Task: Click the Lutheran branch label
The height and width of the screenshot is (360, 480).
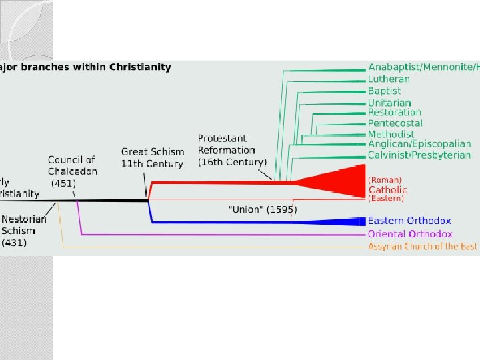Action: (x=389, y=79)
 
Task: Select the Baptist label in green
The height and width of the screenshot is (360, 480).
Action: (x=385, y=90)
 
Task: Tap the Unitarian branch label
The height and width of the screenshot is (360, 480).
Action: (x=389, y=102)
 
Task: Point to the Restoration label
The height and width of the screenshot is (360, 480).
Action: (x=395, y=113)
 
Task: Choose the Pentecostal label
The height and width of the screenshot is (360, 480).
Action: (x=395, y=123)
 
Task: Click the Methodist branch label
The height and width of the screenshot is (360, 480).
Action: (x=391, y=134)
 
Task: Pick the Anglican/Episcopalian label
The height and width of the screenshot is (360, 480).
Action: (x=419, y=144)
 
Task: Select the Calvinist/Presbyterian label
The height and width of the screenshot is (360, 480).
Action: (x=419, y=155)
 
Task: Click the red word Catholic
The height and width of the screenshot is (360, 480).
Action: (x=387, y=190)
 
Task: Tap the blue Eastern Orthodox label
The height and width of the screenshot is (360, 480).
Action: (x=409, y=221)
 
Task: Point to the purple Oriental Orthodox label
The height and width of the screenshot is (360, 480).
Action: (x=410, y=234)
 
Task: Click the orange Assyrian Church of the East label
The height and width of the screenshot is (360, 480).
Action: (x=423, y=247)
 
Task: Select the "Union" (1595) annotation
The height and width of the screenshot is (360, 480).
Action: (x=263, y=209)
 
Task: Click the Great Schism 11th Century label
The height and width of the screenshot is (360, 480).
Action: (x=152, y=158)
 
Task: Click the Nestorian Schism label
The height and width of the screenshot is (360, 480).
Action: (x=25, y=231)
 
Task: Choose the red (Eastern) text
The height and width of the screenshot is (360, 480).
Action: (x=387, y=199)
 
